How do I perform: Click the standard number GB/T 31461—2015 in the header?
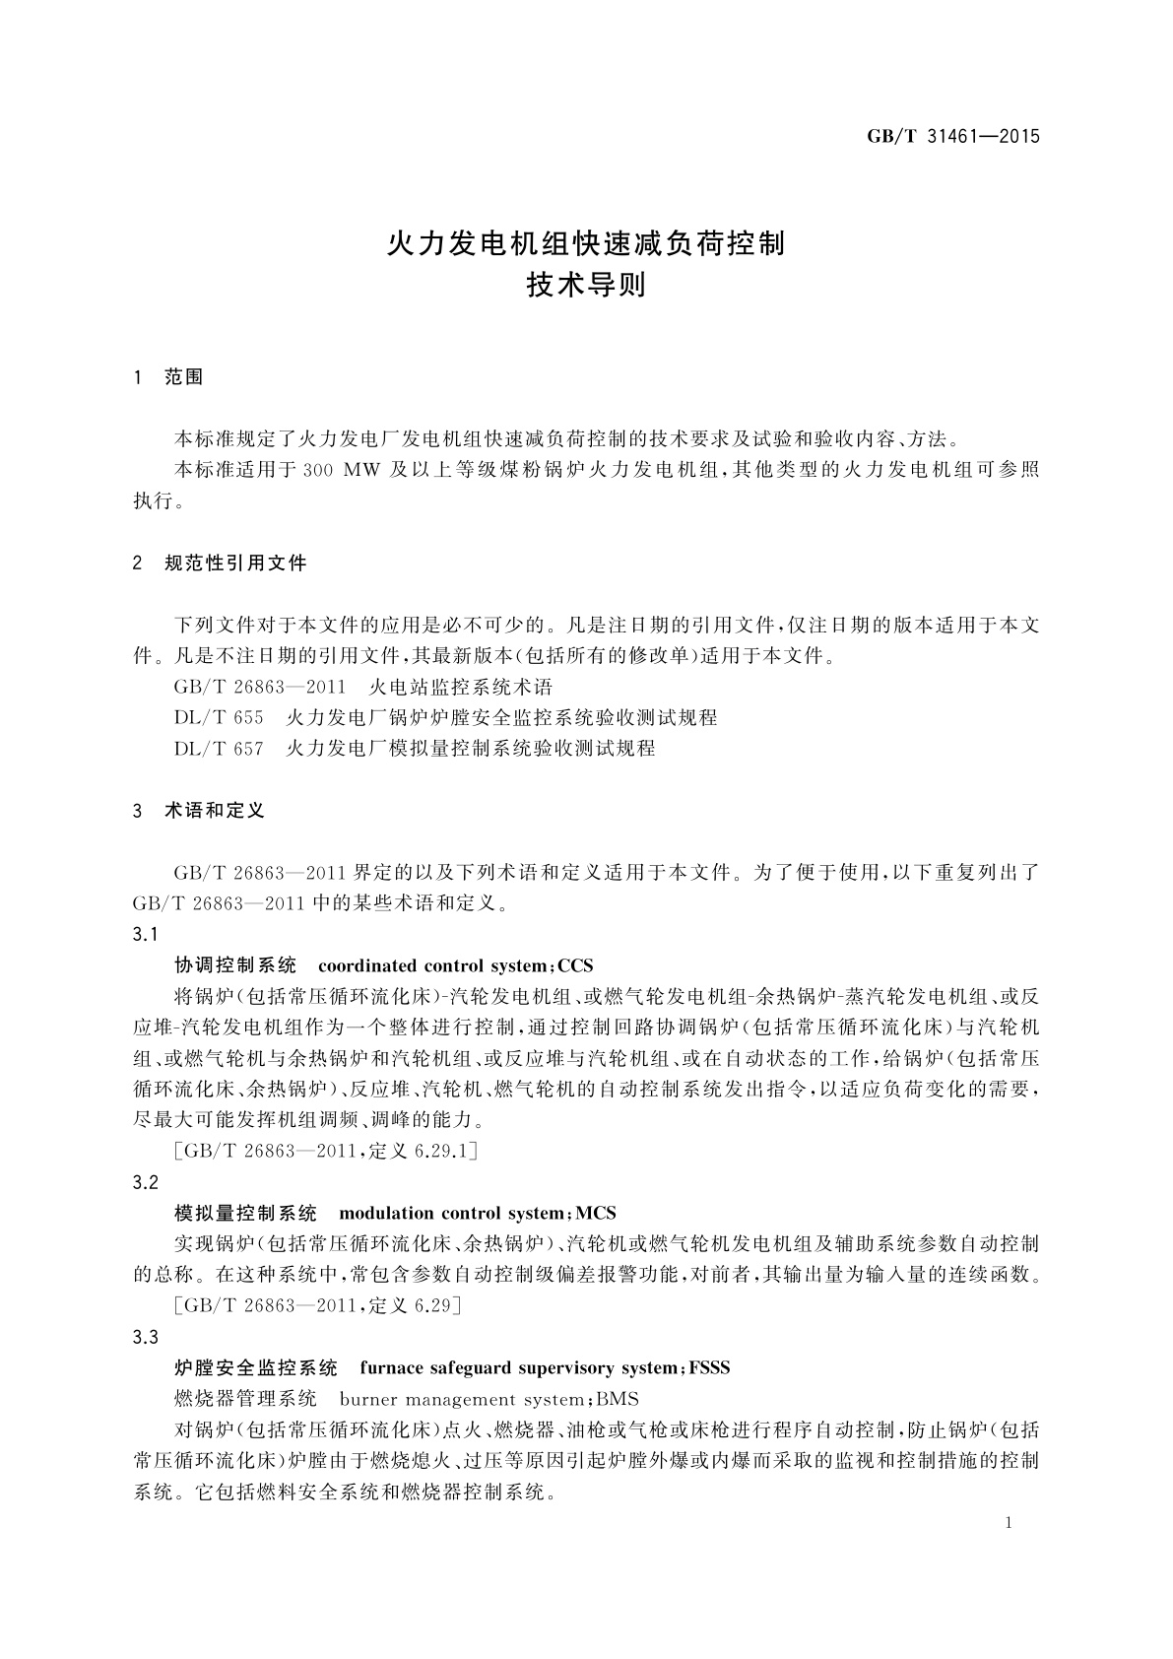[x=952, y=136]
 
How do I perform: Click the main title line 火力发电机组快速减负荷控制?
[x=587, y=242]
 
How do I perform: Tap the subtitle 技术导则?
[x=586, y=287]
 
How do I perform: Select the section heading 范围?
[x=184, y=377]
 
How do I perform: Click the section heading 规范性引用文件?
[x=236, y=564]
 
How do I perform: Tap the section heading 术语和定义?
[x=215, y=811]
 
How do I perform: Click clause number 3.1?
[x=145, y=934]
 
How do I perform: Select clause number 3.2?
[x=145, y=1182]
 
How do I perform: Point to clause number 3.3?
[x=145, y=1337]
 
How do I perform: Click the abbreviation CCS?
[x=575, y=965]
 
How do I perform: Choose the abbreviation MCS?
[x=596, y=1213]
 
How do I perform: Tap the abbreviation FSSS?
[x=709, y=1368]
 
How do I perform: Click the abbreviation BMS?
[x=618, y=1399]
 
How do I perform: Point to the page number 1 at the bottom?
[x=1009, y=1524]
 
